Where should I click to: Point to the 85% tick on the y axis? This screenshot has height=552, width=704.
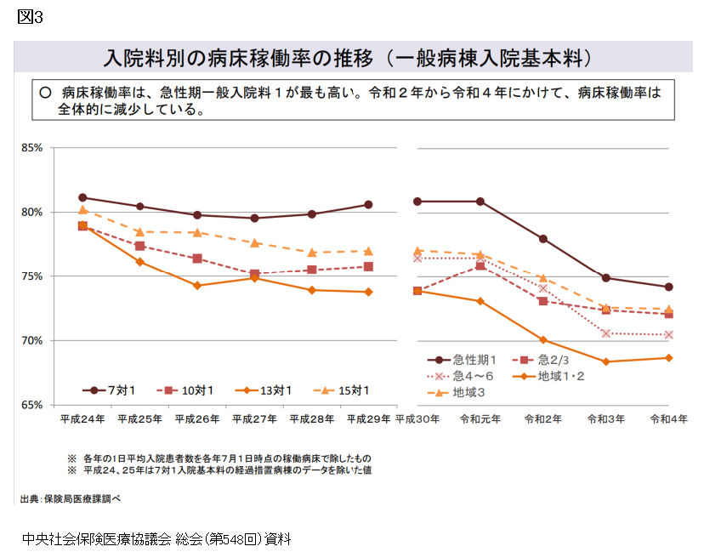point(31,148)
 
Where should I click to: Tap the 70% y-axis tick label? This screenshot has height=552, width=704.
point(31,340)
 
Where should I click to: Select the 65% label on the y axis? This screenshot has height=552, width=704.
point(31,405)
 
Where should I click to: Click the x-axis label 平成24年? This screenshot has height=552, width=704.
point(82,419)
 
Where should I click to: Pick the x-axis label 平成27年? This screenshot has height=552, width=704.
point(254,419)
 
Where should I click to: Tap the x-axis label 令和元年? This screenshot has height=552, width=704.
point(481,419)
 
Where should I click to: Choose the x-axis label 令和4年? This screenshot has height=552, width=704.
point(668,419)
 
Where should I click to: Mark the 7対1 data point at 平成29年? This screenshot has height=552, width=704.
point(368,204)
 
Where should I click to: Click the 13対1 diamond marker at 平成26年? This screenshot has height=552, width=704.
point(196,286)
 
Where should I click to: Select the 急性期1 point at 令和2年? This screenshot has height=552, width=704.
point(542,239)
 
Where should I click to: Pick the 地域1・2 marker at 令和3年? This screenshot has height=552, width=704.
point(606,361)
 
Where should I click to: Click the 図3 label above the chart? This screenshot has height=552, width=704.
point(30,18)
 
